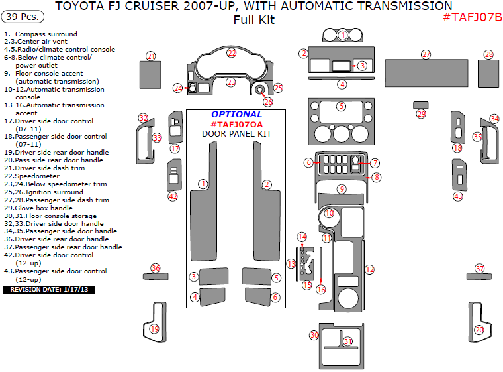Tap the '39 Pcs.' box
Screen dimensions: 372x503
coord(21,15)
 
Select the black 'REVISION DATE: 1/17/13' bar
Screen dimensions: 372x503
coord(50,290)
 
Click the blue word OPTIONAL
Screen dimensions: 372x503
coord(236,114)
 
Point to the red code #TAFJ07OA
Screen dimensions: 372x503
coord(236,124)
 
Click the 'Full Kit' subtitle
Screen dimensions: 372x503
coord(253,20)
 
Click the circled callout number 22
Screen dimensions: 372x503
coord(232,52)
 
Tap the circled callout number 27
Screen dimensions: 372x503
coord(426,54)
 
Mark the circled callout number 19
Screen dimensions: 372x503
coord(154,329)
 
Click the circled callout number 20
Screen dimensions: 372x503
coord(479,329)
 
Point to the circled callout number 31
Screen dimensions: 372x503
coord(347,341)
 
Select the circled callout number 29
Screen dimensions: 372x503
coord(421,114)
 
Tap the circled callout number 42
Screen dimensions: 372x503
coord(173,196)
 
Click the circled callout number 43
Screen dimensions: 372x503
coord(458,196)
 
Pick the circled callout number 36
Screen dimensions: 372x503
coord(156,268)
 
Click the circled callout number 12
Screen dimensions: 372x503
coord(370,269)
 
